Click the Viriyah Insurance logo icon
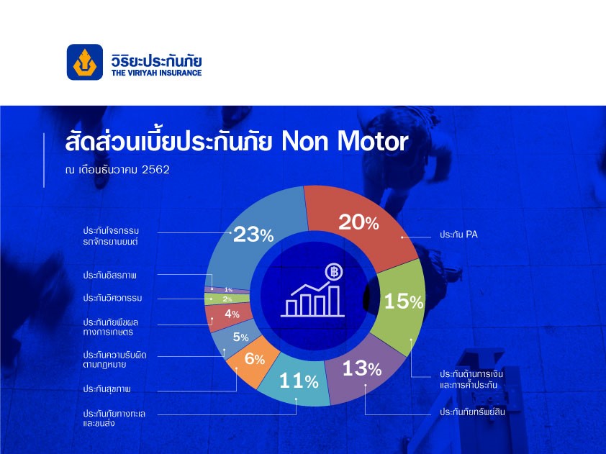pyautogui.click(x=85, y=62)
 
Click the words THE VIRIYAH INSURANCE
pyautogui.click(x=156, y=73)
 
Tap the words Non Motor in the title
pyautogui.click(x=344, y=142)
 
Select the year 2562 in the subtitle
pyautogui.click(x=155, y=170)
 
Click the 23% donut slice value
pyautogui.click(x=253, y=235)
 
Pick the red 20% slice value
pyautogui.click(x=358, y=222)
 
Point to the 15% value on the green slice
pyautogui.click(x=404, y=301)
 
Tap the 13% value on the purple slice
pyautogui.click(x=362, y=368)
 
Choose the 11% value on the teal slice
pyautogui.click(x=299, y=381)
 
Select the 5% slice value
pyautogui.click(x=241, y=337)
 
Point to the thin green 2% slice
pyautogui.click(x=227, y=299)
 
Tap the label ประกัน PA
pyautogui.click(x=458, y=235)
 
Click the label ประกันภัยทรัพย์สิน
pyautogui.click(x=472, y=412)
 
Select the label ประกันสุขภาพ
pyautogui.click(x=107, y=389)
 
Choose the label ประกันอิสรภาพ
pyautogui.click(x=110, y=275)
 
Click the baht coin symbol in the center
pyautogui.click(x=334, y=272)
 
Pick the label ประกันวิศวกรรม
pyautogui.click(x=112, y=298)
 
